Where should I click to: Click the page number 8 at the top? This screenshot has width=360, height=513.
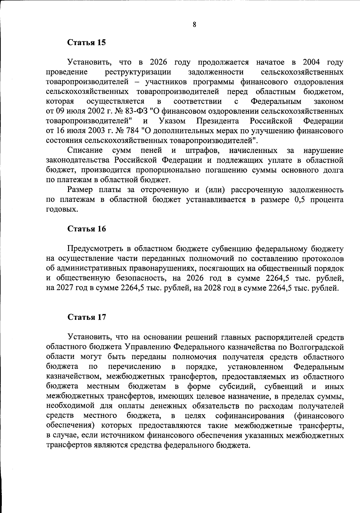tap(194, 25)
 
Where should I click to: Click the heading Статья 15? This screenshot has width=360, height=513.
tap(87, 42)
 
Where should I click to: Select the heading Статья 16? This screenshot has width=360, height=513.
tap(87, 229)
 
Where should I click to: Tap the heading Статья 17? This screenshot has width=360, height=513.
tap(87, 317)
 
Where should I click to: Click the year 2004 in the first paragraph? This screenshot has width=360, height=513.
tap(311, 62)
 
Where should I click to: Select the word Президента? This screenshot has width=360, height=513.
tap(218, 121)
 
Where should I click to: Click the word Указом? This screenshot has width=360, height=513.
tap(172, 121)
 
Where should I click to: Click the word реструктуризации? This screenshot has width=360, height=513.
tap(138, 72)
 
